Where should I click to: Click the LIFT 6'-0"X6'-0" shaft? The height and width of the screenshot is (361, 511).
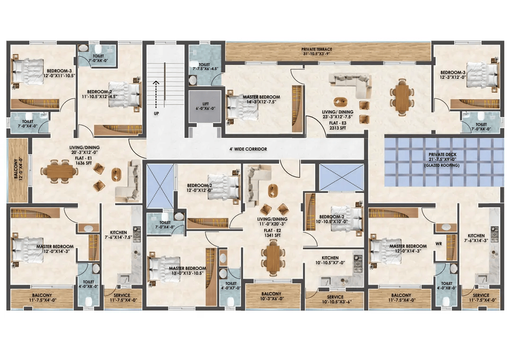click(x=205, y=106)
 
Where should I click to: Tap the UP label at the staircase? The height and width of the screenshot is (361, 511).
click(x=157, y=114)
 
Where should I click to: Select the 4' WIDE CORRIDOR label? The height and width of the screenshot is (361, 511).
click(x=248, y=149)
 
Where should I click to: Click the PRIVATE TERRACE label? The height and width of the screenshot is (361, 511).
click(x=317, y=49)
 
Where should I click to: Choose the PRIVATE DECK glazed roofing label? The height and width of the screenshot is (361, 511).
click(x=442, y=159)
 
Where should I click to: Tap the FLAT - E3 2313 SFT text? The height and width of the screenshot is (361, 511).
click(x=338, y=125)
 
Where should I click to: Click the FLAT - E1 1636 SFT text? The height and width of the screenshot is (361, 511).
click(x=84, y=160)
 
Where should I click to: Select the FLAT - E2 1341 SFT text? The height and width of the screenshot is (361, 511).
click(x=273, y=233)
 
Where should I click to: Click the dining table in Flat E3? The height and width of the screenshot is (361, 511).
click(x=403, y=97)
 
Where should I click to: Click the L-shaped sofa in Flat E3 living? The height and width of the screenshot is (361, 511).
click(x=353, y=85)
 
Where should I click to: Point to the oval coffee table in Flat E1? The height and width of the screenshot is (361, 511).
click(x=116, y=174)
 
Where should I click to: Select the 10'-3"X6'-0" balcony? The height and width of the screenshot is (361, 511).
click(x=273, y=296)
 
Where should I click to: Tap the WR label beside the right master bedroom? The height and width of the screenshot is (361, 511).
click(x=438, y=244)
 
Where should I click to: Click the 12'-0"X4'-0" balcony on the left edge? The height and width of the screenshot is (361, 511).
click(x=18, y=171)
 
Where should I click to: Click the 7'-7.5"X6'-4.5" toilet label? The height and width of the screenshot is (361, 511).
click(x=204, y=67)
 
